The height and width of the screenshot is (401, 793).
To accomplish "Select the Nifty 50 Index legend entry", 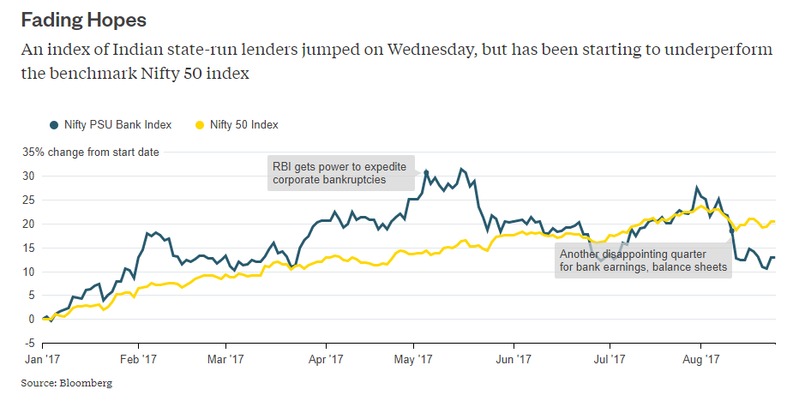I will point(243,125).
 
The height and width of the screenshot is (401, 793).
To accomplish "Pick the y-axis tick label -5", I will point(27,344).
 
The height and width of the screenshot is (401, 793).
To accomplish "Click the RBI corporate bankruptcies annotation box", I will point(341,173).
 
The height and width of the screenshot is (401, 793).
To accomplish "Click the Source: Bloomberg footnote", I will point(67,383).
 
